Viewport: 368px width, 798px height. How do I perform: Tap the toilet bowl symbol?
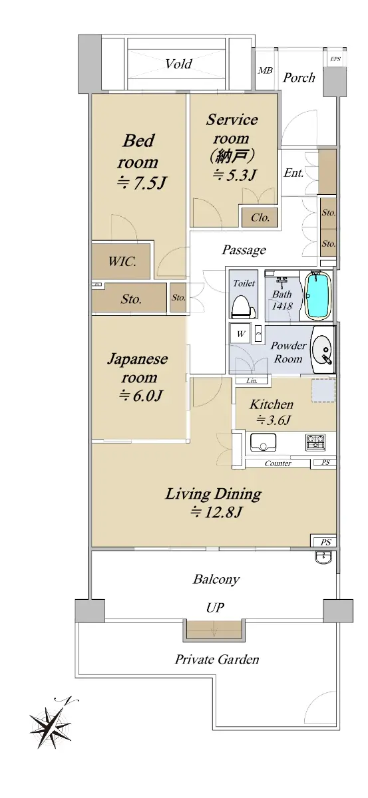(244, 307)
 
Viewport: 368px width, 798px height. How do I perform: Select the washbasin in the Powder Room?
(322, 350)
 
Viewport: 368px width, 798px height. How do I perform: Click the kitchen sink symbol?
(263, 442)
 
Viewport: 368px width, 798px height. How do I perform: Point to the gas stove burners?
(315, 442)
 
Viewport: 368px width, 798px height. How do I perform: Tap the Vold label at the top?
(178, 64)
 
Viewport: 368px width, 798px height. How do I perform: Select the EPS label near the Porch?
(335, 59)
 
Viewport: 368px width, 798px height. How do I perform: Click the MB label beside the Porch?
(265, 70)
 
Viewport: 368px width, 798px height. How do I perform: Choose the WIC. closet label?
(122, 261)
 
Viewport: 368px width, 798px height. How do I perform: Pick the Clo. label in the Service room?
(260, 217)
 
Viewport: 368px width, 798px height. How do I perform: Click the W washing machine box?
(240, 333)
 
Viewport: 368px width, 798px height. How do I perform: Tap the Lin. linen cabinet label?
(252, 381)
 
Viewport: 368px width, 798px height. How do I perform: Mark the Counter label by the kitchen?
(277, 464)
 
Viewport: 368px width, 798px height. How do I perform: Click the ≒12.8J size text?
(216, 512)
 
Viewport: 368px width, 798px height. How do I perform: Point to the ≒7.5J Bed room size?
(142, 183)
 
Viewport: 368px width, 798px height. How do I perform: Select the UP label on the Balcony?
(216, 607)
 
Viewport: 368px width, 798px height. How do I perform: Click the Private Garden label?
(217, 660)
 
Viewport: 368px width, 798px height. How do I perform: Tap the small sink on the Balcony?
(323, 557)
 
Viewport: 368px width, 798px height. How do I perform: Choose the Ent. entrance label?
(294, 173)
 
